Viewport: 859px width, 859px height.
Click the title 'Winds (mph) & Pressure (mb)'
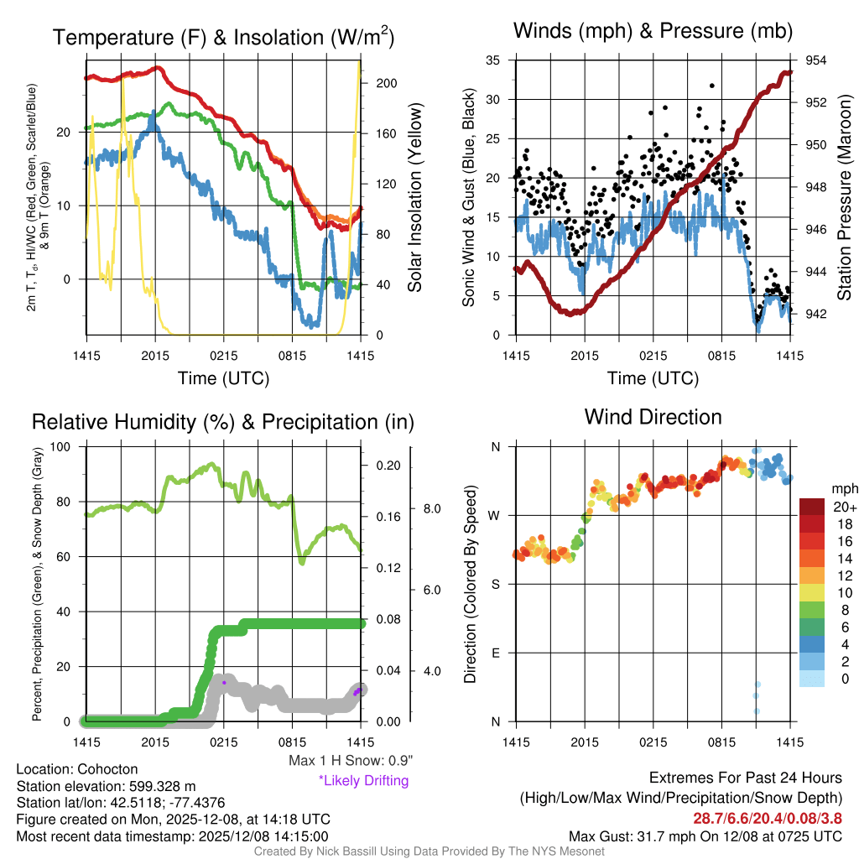653,32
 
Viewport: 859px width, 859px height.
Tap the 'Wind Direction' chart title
653,417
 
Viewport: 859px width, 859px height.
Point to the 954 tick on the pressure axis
815,60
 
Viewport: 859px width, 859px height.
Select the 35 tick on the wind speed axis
493,60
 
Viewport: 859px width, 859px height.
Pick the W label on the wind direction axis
495,515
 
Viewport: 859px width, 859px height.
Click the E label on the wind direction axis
496,653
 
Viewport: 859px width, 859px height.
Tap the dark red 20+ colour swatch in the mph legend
812,507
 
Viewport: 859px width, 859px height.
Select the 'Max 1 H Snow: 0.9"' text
350,761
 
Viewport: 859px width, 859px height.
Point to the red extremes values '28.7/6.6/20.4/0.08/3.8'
768,818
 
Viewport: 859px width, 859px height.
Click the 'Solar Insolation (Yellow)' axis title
414,198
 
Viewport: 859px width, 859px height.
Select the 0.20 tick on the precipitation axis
388,466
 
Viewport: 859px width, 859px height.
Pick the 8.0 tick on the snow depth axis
430,508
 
